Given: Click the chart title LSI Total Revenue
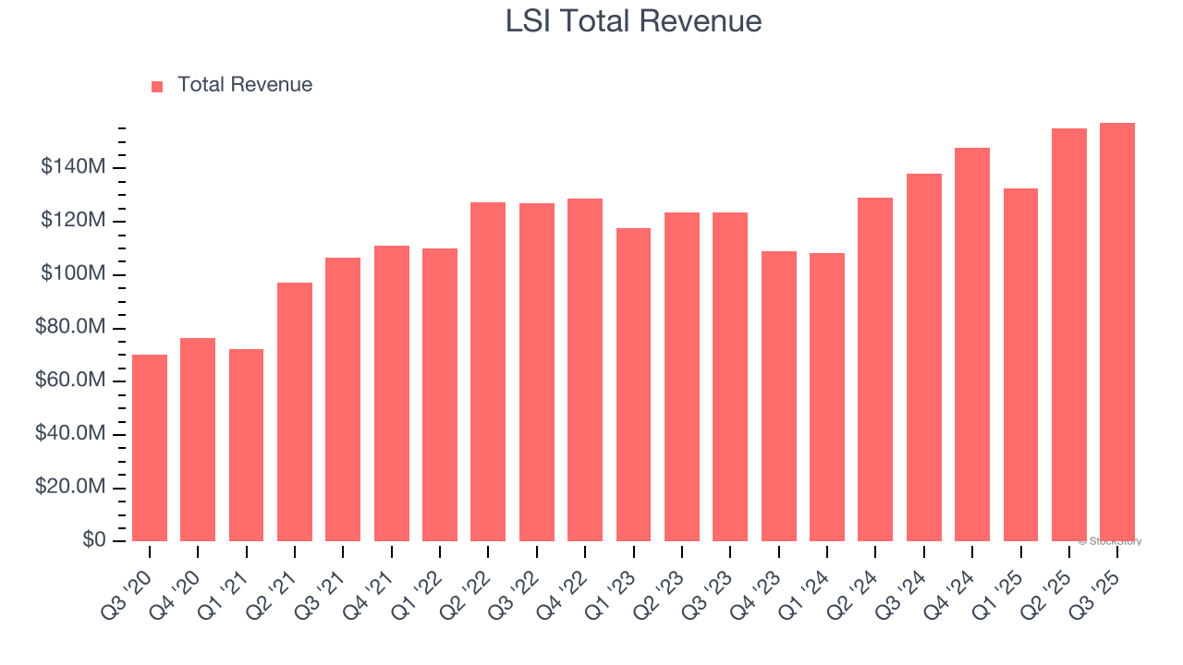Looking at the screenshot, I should pyautogui.click(x=633, y=21).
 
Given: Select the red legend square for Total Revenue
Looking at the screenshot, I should pyautogui.click(x=157, y=86).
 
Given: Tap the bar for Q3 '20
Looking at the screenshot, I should pyautogui.click(x=150, y=448).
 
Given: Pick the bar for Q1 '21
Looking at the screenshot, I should pyautogui.click(x=246, y=445).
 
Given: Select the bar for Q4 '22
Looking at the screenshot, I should pyautogui.click(x=585, y=369).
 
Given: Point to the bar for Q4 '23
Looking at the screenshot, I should pyautogui.click(x=778, y=396).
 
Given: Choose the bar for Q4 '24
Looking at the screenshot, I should pyautogui.click(x=972, y=345).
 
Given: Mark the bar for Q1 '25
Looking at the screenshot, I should pyautogui.click(x=1020, y=365).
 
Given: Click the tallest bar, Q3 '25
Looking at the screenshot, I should pyautogui.click(x=1117, y=332).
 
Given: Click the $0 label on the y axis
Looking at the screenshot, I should pyautogui.click(x=92, y=540).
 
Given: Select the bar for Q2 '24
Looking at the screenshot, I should pyautogui.click(x=875, y=369).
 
